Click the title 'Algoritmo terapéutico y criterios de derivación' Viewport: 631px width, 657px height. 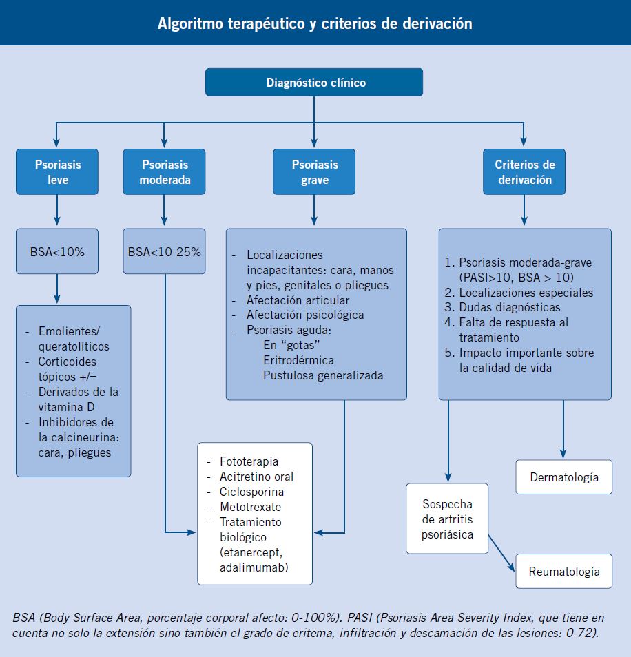point(315,23)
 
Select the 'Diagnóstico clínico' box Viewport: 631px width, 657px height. point(315,83)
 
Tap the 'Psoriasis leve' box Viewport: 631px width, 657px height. point(57,172)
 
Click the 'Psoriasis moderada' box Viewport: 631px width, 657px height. point(164,172)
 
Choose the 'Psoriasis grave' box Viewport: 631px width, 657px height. point(315,172)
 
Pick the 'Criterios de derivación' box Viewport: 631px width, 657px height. point(524,172)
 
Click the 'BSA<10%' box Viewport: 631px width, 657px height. point(57,251)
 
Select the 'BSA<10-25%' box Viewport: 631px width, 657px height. point(164,251)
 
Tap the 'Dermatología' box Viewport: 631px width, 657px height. point(563,477)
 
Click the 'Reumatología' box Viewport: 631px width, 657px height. point(563,572)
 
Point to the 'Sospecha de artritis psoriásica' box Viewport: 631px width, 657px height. point(448,519)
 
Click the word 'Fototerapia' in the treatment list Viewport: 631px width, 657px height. point(249,462)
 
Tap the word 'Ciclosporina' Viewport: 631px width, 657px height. point(251,492)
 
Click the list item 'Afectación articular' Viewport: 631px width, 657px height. point(298,300)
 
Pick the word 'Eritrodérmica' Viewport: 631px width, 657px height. point(298,360)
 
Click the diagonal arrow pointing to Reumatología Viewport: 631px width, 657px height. point(502,553)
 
